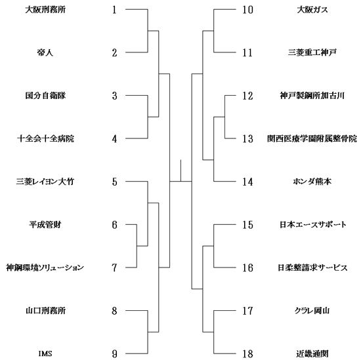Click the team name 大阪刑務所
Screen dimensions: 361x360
pos(45,10)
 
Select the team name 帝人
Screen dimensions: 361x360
pos(45,52)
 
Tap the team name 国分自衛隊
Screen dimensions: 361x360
pos(45,96)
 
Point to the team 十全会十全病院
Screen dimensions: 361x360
pos(45,138)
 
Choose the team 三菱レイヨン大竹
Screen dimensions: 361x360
pos(45,182)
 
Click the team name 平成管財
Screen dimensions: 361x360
pos(45,224)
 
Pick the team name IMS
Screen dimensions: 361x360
pos(45,353)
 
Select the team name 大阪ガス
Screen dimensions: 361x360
pos(312,10)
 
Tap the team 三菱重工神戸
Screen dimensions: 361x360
pos(312,52)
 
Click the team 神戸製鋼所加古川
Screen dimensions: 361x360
pos(312,96)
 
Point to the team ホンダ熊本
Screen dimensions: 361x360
pos(312,182)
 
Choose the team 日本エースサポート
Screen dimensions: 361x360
pos(313,224)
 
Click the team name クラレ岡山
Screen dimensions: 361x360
pos(312,311)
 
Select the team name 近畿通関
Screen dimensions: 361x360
pos(312,353)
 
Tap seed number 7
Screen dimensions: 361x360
pos(114,268)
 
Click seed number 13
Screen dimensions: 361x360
pos(247,138)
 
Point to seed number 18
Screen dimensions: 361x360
pos(247,353)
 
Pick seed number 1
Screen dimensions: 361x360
pos(114,10)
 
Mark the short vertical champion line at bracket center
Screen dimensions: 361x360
pos(180,170)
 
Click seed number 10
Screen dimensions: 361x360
pos(247,10)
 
